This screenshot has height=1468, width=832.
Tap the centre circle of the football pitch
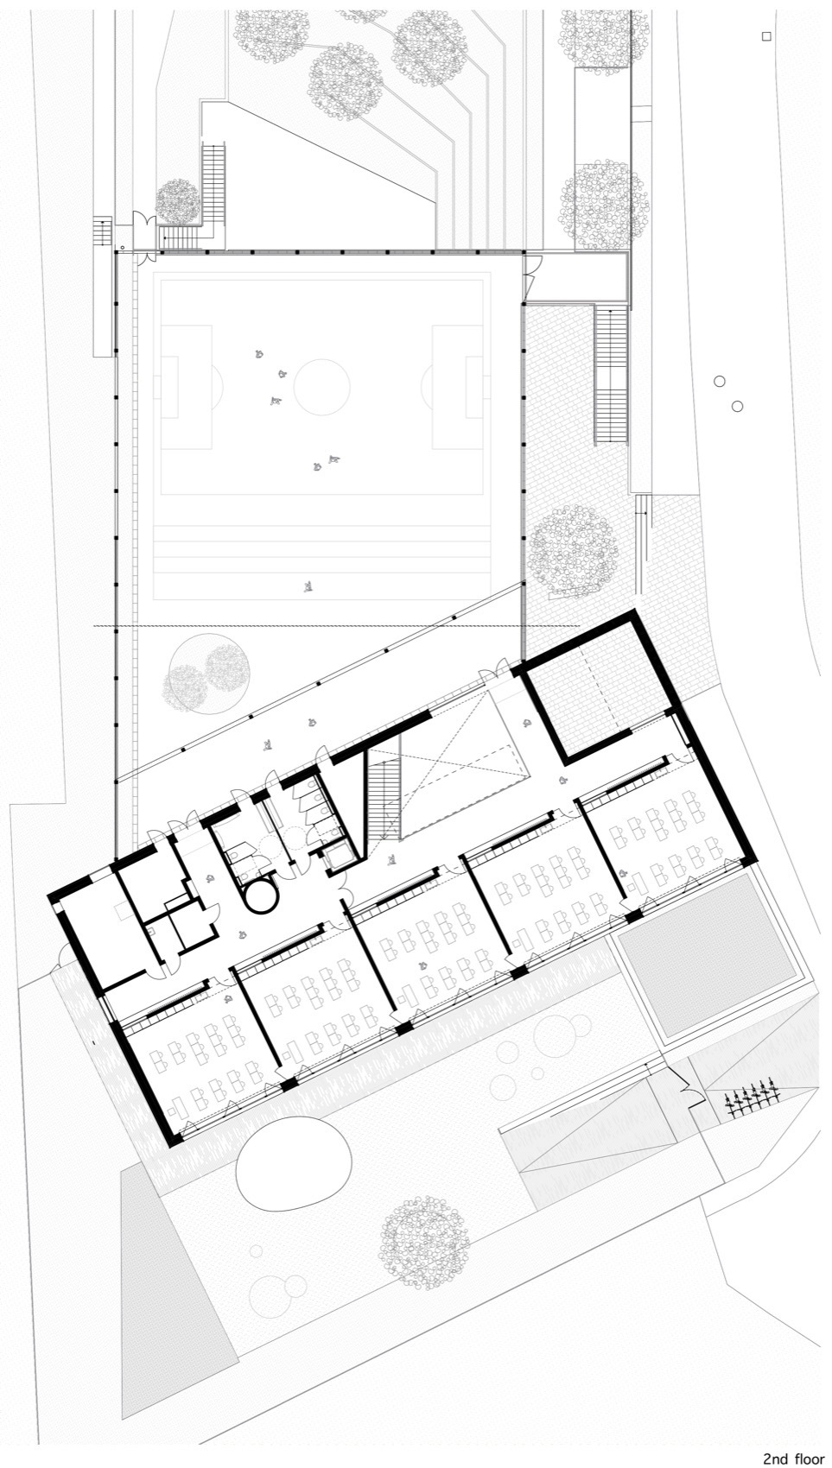coord(321,386)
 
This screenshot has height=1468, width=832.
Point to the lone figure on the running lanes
coord(308,587)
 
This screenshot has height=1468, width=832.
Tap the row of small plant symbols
coord(753,1098)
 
